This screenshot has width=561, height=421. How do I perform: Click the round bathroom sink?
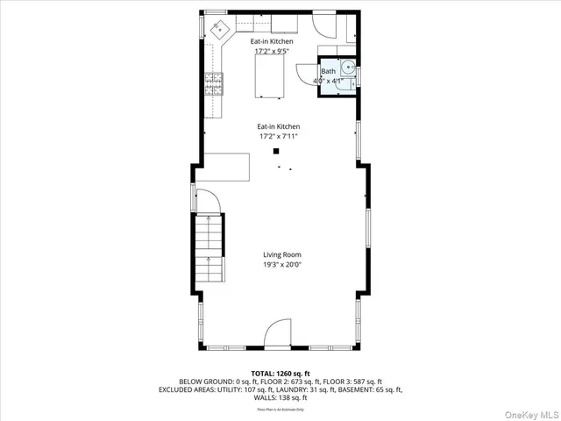[x=348, y=66]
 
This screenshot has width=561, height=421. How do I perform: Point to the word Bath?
[x=328, y=72]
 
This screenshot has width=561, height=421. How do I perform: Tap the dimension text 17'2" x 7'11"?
[x=279, y=137]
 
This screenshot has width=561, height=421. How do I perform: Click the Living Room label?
[x=281, y=254]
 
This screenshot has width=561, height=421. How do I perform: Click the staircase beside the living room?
[x=209, y=249]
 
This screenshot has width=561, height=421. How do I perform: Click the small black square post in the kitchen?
[x=274, y=150]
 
